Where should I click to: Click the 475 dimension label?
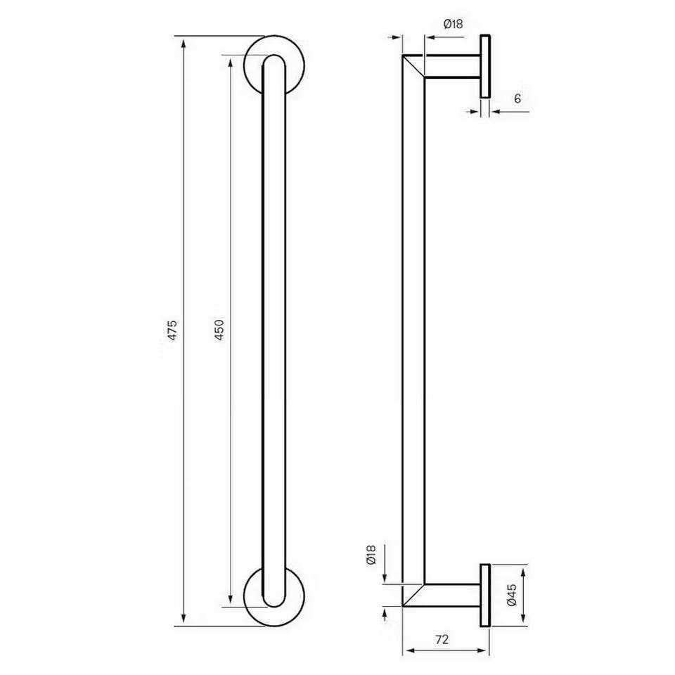tap(172, 330)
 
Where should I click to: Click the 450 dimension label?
tap(219, 330)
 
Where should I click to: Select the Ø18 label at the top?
tap(453, 24)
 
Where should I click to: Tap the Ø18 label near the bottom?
tap(371, 555)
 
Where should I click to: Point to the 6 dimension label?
tap(517, 98)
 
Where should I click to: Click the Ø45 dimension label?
tap(511, 595)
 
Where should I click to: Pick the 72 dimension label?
tap(442, 639)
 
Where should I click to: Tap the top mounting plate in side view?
tap(485, 66)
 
